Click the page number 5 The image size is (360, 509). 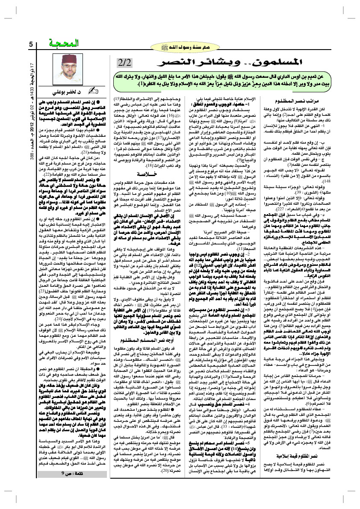[31, 44]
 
